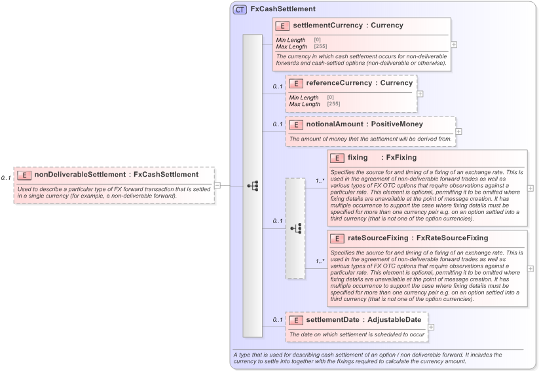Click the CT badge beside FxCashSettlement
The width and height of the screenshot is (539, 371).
click(240, 9)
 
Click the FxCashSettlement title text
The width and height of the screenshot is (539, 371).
click(283, 9)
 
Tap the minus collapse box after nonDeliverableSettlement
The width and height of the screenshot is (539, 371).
click(217, 185)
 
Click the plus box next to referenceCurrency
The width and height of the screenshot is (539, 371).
click(420, 94)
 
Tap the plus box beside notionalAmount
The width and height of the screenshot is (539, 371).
click(458, 132)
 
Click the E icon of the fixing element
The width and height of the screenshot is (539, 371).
click(337, 158)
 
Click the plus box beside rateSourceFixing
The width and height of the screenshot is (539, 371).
click(530, 268)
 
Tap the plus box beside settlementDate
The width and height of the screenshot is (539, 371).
click(431, 327)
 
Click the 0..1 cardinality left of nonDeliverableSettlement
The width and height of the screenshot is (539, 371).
click(6, 178)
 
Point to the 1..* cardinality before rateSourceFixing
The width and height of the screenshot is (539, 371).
click(320, 261)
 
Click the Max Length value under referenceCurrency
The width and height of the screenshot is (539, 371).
click(333, 104)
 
